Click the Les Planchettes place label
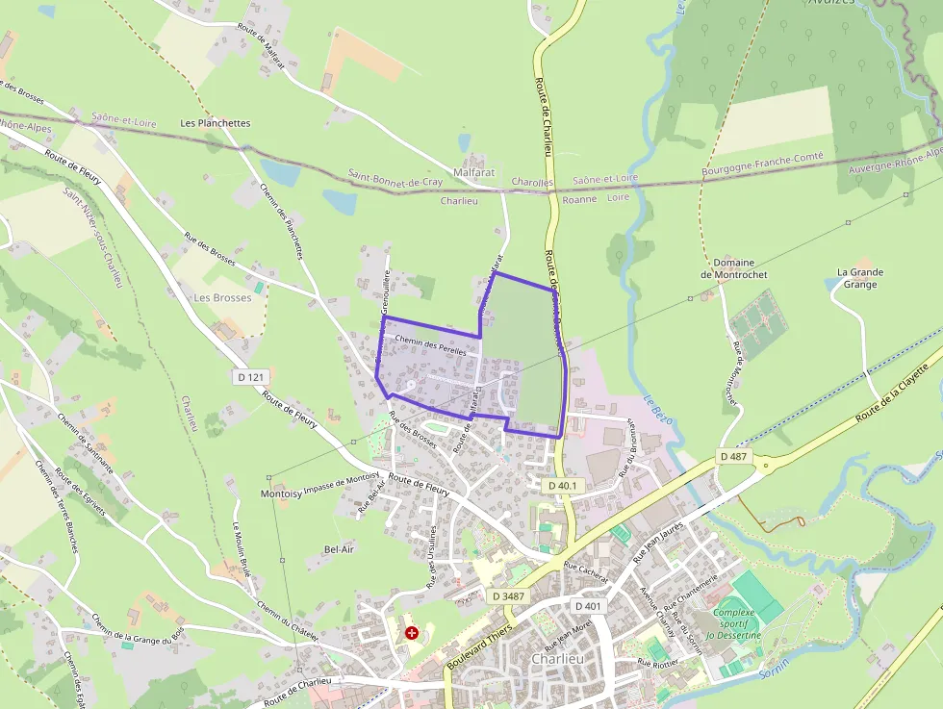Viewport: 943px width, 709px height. pyautogui.click(x=216, y=123)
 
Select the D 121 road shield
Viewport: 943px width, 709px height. pyautogui.click(x=250, y=377)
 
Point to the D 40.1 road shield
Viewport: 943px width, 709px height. pyautogui.click(x=562, y=487)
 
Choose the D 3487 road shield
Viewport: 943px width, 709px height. pyautogui.click(x=508, y=596)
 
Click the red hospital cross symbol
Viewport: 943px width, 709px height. pyautogui.click(x=412, y=633)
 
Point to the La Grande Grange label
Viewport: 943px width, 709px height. pyautogui.click(x=859, y=278)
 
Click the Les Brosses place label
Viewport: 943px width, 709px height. pyautogui.click(x=222, y=298)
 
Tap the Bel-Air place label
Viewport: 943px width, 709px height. pyautogui.click(x=341, y=549)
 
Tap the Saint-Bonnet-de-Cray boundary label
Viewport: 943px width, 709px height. pyautogui.click(x=395, y=181)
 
